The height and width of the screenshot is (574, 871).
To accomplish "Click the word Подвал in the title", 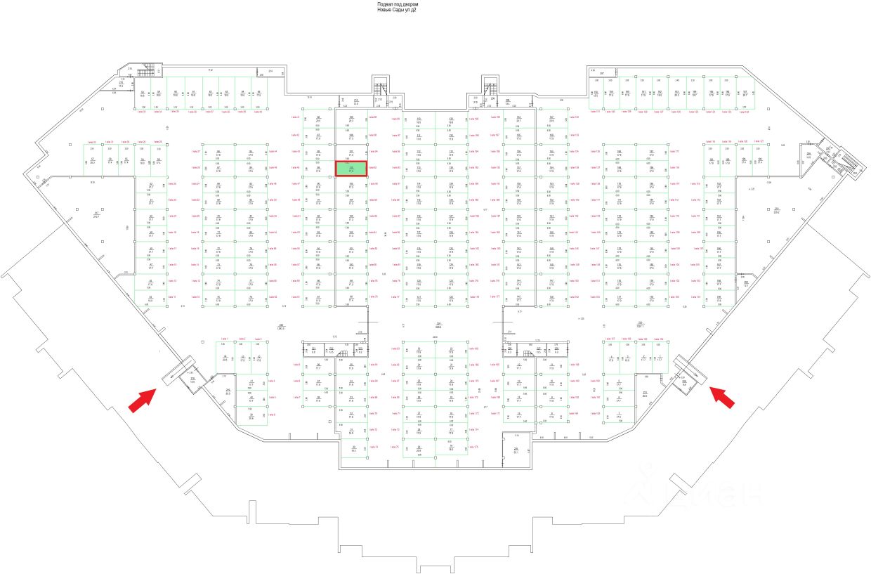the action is pos(386,4).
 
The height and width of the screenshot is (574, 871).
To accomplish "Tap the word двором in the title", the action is pos(412,4).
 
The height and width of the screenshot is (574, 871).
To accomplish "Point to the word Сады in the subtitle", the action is pos(402,10).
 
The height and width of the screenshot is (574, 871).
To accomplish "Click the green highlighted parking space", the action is pos(351,169).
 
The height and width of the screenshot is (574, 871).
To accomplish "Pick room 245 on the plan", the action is pos(228,391).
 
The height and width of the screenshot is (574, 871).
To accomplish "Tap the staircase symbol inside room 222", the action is pos(343,353).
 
